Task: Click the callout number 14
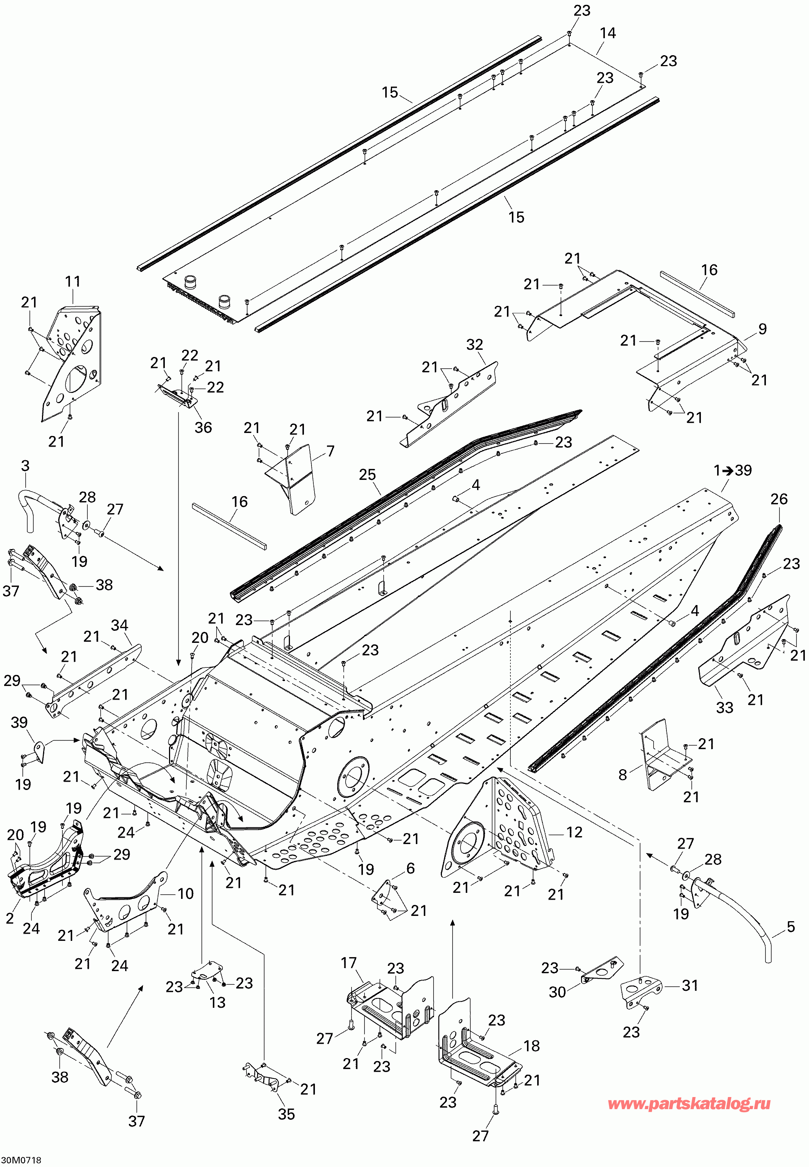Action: (x=608, y=33)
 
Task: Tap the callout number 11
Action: (x=73, y=281)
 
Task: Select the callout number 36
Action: (x=203, y=427)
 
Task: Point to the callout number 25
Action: (x=367, y=475)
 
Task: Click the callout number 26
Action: (x=779, y=499)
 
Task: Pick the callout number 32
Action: (x=475, y=345)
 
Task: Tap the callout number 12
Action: (x=574, y=832)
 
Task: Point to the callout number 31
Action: (x=690, y=985)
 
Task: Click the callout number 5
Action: (x=791, y=927)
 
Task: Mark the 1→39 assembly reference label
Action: (x=733, y=470)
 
